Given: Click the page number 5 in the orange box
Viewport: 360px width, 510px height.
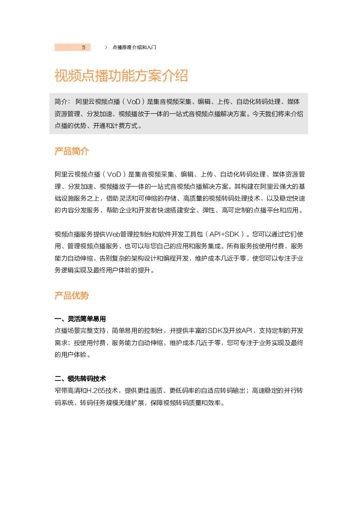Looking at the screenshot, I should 84,47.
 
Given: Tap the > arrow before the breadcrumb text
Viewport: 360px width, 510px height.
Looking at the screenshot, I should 106,47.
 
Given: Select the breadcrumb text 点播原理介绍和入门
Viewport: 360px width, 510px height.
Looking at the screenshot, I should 134,47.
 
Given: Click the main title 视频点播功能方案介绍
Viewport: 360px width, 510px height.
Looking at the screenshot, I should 121,76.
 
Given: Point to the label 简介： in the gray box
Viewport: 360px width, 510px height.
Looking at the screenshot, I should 63,102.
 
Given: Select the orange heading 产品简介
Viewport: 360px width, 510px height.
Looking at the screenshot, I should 72,151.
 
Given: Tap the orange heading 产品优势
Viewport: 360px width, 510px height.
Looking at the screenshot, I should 72,295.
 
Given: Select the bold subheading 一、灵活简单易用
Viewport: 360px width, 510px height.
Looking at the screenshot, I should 80,319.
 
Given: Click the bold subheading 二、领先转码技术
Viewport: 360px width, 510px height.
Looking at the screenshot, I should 80,378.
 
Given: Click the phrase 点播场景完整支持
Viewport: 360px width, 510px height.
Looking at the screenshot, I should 80,331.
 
